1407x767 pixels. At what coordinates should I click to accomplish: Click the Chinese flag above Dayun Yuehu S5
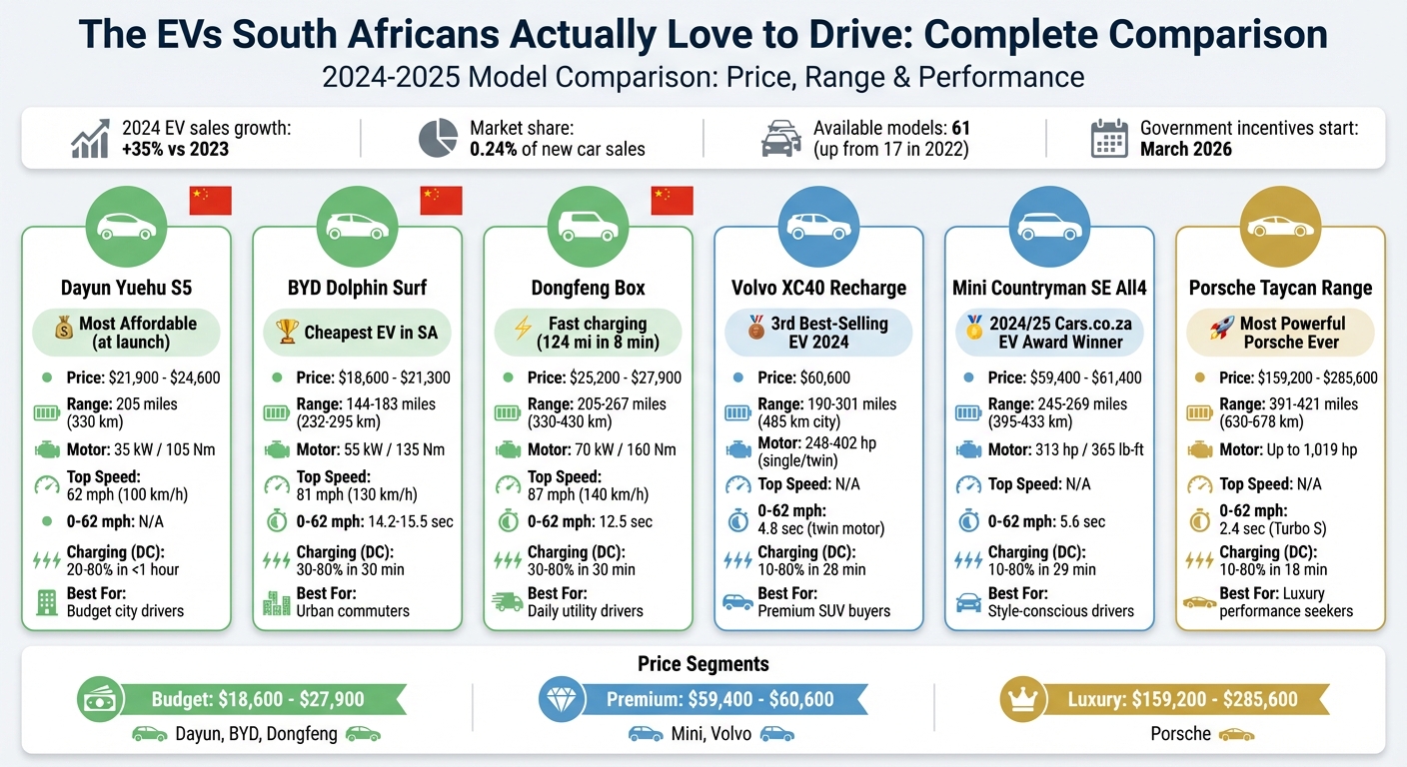pyautogui.click(x=210, y=201)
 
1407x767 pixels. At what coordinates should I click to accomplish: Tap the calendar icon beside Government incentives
pyautogui.click(x=1109, y=139)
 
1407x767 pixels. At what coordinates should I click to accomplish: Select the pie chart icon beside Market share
pyautogui.click(x=438, y=139)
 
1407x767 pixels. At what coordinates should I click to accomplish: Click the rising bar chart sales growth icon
pyautogui.click(x=91, y=139)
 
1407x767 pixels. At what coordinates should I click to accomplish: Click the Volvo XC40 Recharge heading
pyautogui.click(x=818, y=288)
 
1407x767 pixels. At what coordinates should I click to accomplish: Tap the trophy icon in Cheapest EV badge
pyautogui.click(x=288, y=333)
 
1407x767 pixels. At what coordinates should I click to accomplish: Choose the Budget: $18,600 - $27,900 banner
pyautogui.click(x=258, y=699)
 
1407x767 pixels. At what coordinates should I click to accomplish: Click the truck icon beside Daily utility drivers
pyautogui.click(x=509, y=601)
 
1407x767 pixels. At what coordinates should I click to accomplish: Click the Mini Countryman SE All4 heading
pyautogui.click(x=1049, y=288)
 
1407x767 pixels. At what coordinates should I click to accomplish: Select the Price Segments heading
pyautogui.click(x=703, y=663)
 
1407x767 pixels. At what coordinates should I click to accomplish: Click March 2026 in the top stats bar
pyautogui.click(x=1186, y=149)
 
